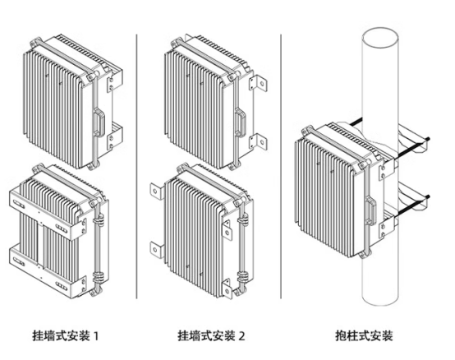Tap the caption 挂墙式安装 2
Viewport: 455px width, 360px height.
[211, 336]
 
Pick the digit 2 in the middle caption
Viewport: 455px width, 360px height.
[244, 336]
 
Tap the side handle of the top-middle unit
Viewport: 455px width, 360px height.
[240, 123]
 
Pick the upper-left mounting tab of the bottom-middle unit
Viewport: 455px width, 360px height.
[155, 192]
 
